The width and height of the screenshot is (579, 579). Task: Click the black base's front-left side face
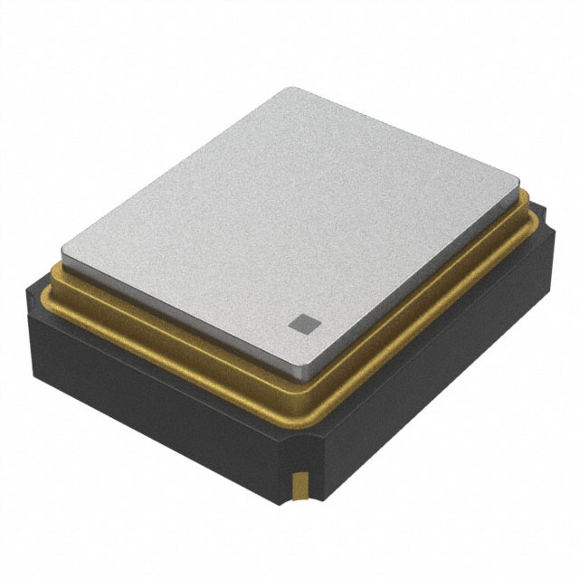(154, 398)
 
